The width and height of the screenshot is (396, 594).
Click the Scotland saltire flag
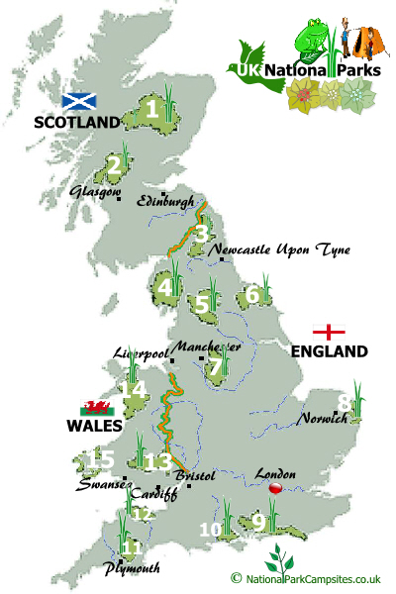pyautogui.click(x=79, y=101)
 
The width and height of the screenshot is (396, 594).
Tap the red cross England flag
pyautogui.click(x=329, y=332)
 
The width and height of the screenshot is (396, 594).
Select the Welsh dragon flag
pyautogui.click(x=99, y=407)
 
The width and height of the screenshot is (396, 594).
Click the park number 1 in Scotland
pyautogui.click(x=151, y=109)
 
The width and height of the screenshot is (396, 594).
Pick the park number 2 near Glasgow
pyautogui.click(x=115, y=165)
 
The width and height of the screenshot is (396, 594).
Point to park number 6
pyautogui.click(x=252, y=295)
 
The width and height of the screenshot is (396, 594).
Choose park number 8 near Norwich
pyautogui.click(x=344, y=403)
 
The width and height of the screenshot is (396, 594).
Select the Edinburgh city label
pyautogui.click(x=166, y=201)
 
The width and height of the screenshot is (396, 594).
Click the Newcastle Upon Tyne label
pyautogui.click(x=279, y=250)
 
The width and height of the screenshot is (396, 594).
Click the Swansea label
pyautogui.click(x=101, y=486)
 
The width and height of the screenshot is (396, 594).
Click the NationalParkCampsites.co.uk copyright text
pyautogui.click(x=313, y=578)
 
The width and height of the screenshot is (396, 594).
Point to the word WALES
pyautogui.click(x=95, y=426)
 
